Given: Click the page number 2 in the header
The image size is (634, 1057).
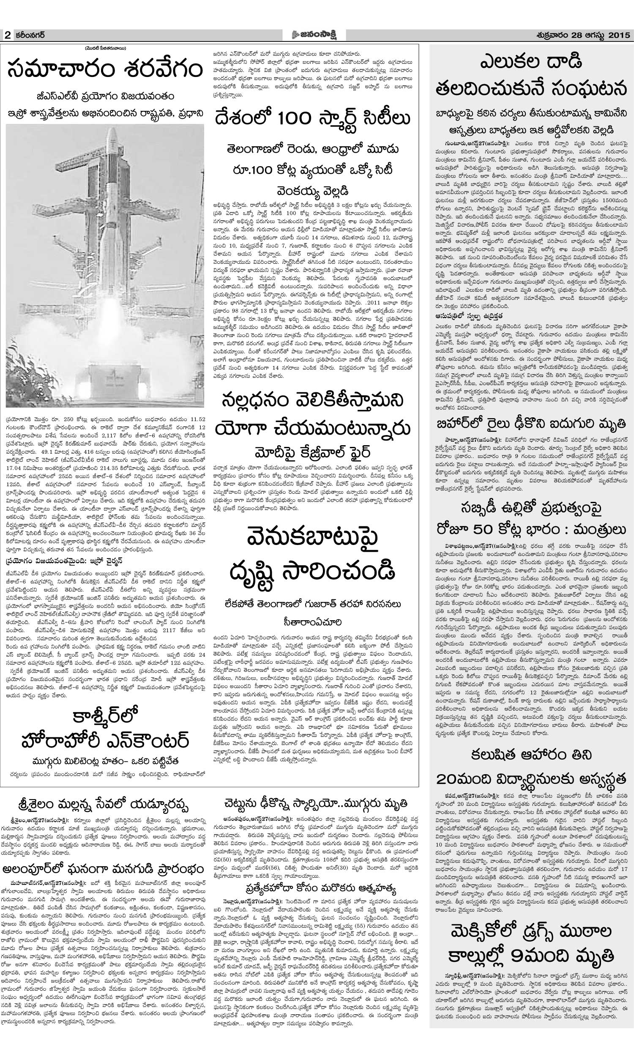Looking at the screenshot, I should point(7,36).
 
